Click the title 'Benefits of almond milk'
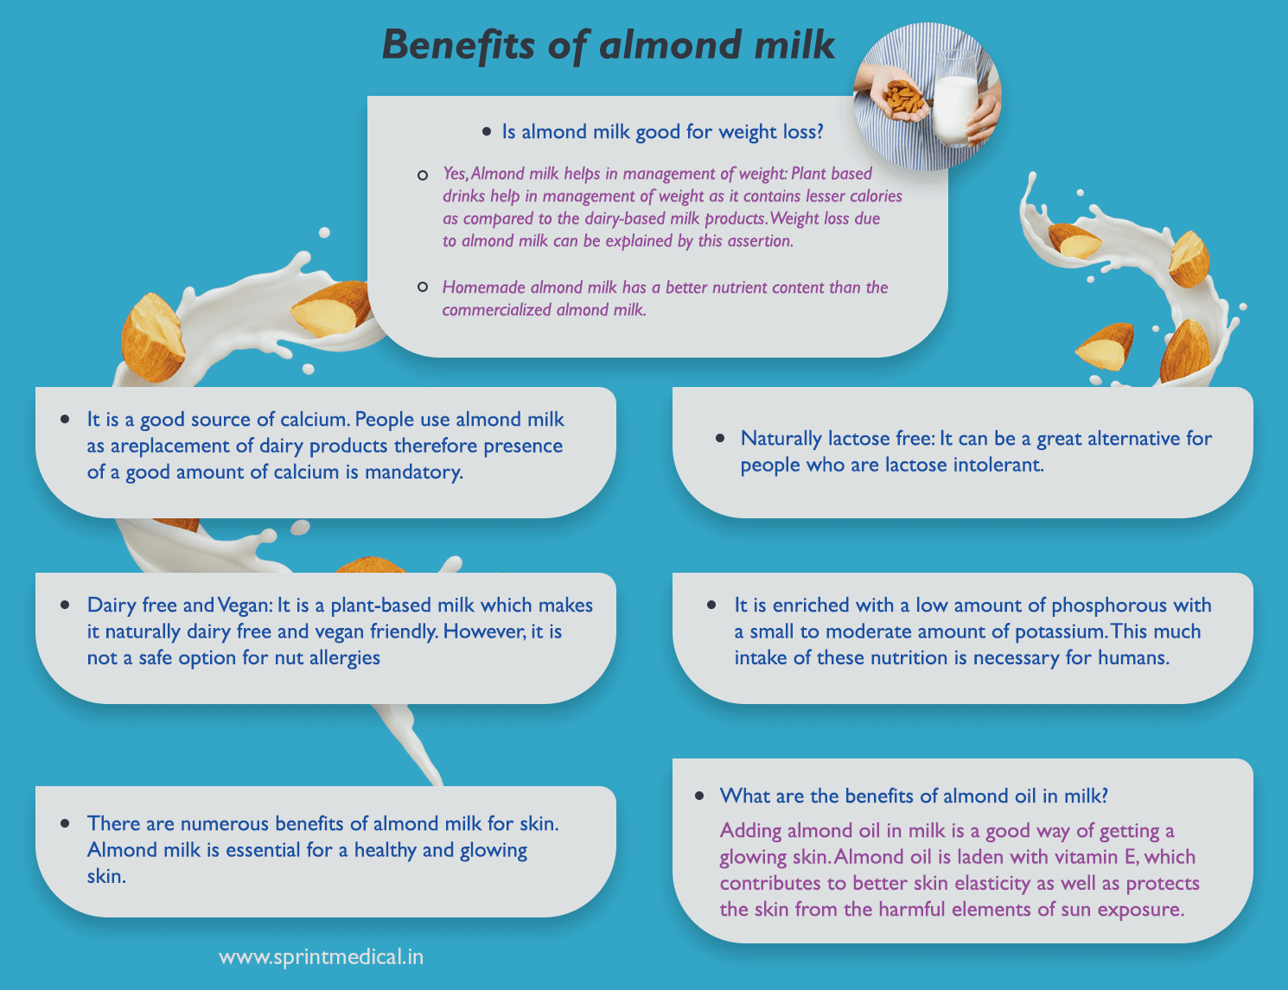(x=609, y=45)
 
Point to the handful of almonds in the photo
(x=905, y=98)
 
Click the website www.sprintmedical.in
(x=322, y=956)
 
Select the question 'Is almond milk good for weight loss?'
(x=662, y=131)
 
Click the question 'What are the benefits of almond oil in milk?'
(x=914, y=796)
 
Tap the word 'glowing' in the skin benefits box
(x=493, y=849)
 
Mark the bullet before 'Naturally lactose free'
(x=720, y=439)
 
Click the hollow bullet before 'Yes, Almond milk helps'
(x=423, y=175)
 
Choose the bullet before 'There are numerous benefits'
(x=66, y=823)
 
